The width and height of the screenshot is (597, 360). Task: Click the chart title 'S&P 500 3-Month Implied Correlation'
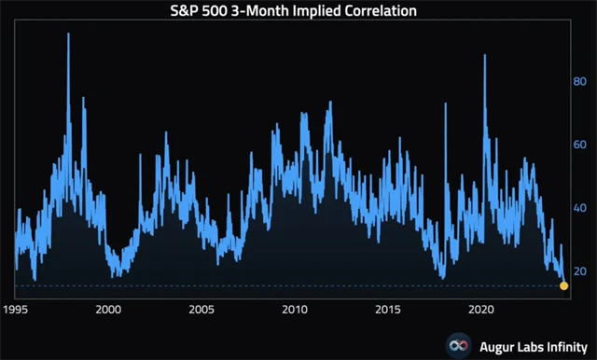click(298, 11)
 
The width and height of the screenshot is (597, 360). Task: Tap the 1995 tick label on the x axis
click(15, 309)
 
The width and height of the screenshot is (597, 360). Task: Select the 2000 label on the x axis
click(108, 309)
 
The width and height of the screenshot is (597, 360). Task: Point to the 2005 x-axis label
click(201, 309)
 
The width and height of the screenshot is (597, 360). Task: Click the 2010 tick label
click(295, 309)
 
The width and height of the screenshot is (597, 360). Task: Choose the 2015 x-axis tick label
click(388, 309)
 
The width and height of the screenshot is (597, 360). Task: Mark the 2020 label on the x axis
click(481, 309)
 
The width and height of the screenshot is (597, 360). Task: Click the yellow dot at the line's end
click(563, 285)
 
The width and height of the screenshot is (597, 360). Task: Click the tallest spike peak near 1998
click(68, 35)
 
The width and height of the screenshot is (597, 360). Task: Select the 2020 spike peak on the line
click(485, 56)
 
